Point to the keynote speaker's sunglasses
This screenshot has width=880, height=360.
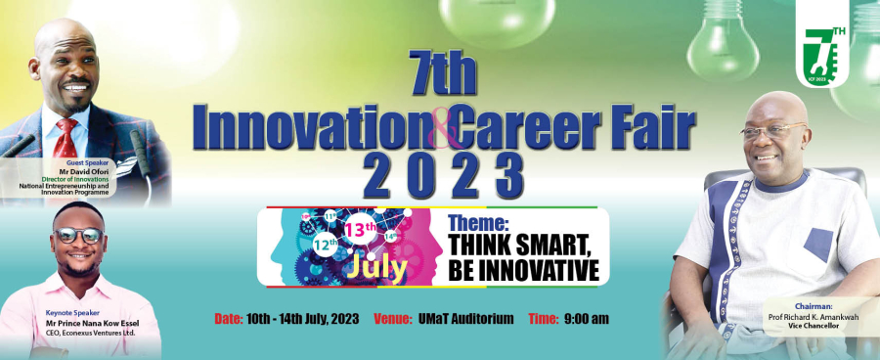tap(78, 236)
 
